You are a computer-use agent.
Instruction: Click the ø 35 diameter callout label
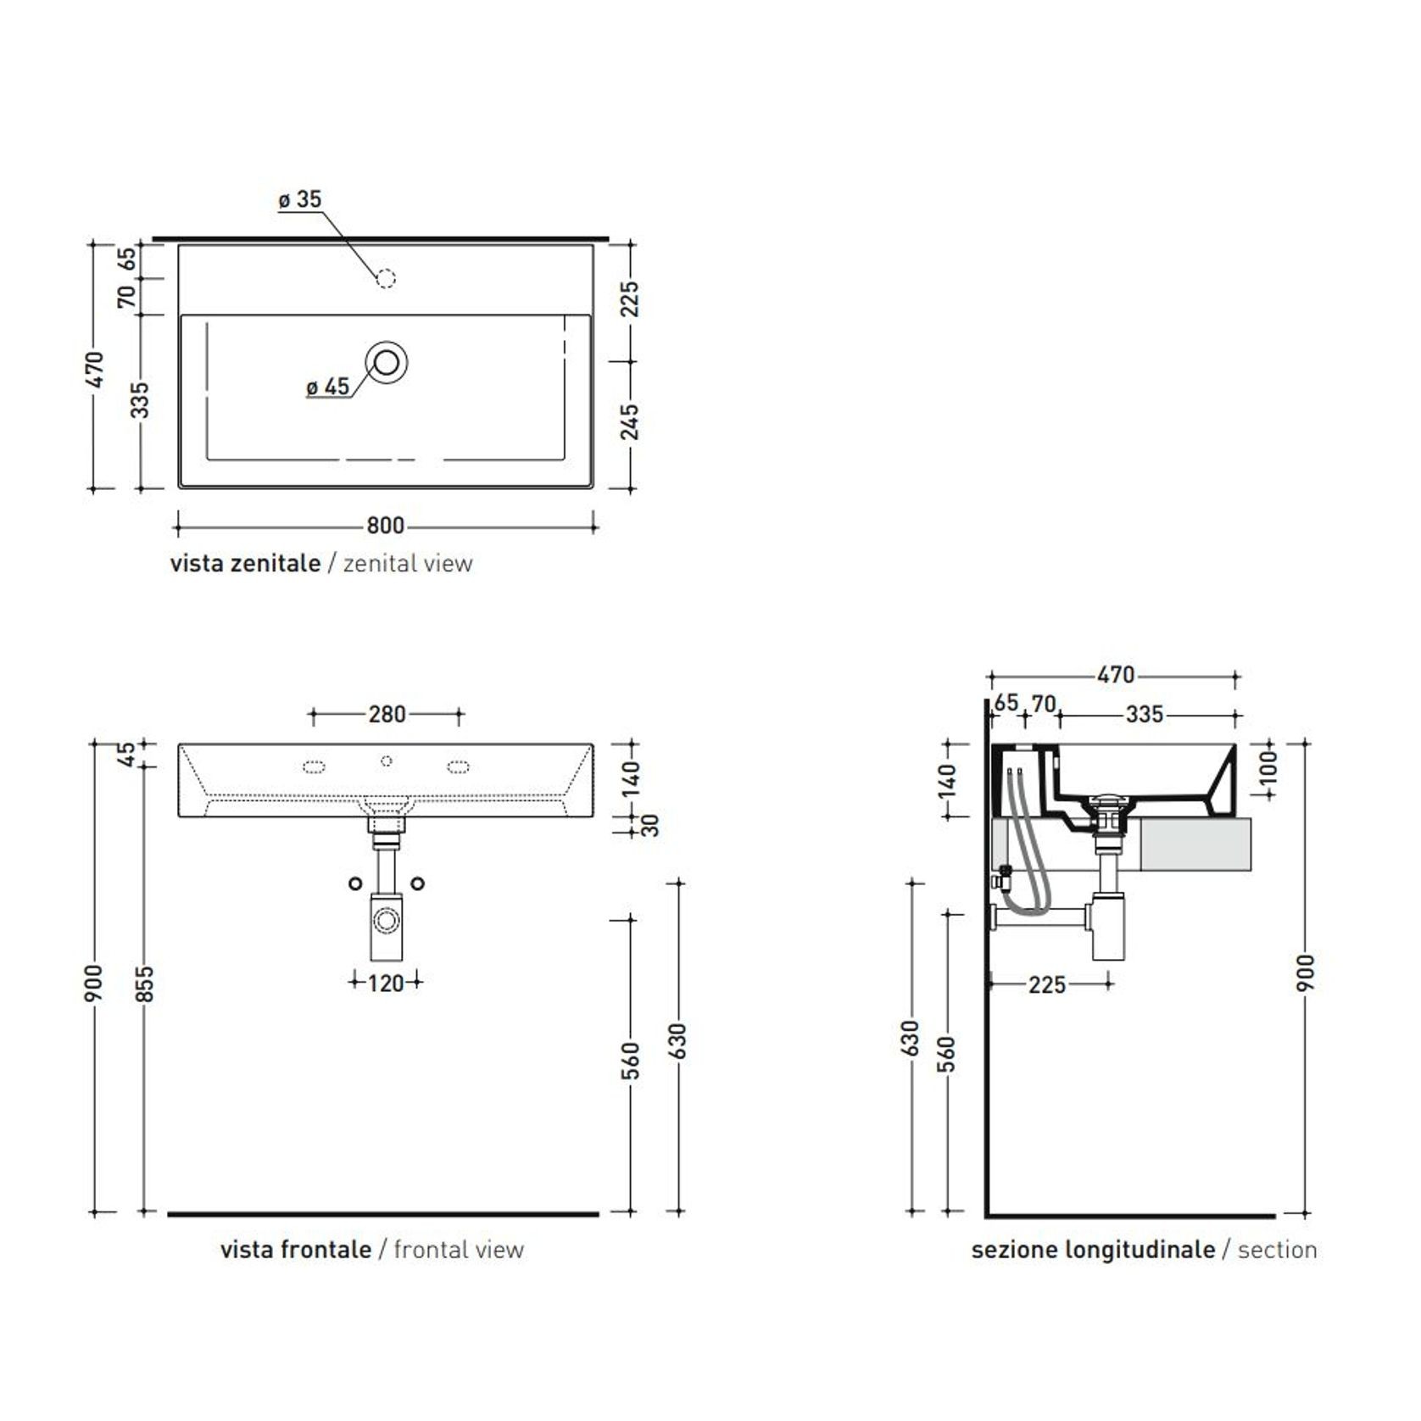pyautogui.click(x=300, y=199)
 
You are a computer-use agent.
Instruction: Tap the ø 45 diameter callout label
pyautogui.click(x=327, y=387)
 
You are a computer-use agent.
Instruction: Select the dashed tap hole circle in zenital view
pyautogui.click(x=386, y=278)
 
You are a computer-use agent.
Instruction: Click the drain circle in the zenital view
pyautogui.click(x=387, y=362)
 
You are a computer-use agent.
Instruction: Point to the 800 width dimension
pyautogui.click(x=385, y=526)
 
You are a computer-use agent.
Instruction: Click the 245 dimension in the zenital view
pyautogui.click(x=630, y=422)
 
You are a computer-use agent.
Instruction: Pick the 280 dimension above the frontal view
pyautogui.click(x=387, y=715)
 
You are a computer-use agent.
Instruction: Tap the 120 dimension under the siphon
pyautogui.click(x=386, y=984)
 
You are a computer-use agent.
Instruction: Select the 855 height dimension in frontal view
pyautogui.click(x=146, y=984)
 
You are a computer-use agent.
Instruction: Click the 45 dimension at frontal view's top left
pyautogui.click(x=125, y=754)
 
